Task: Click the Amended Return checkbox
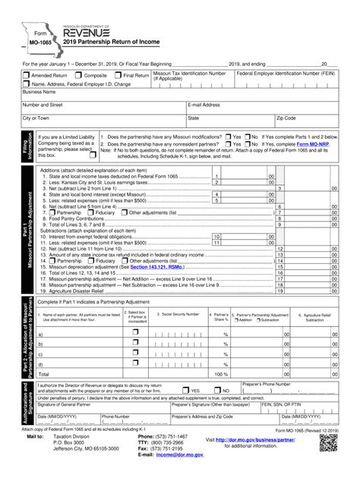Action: [26, 76]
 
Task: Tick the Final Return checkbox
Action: [117, 76]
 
